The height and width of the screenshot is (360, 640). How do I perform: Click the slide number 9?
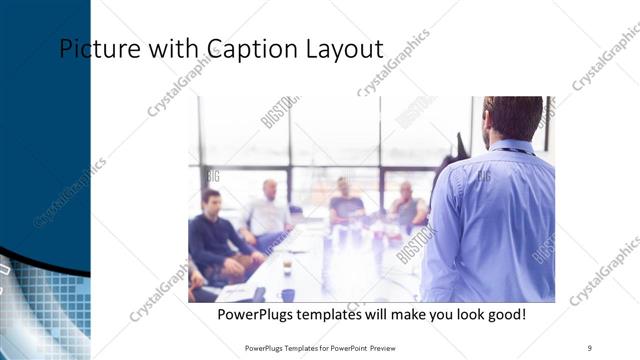point(590,347)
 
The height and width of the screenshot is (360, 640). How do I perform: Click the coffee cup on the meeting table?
point(287,266)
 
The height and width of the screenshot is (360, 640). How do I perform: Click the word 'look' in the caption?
point(462,315)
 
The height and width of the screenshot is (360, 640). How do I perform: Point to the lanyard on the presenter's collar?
point(510,150)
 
